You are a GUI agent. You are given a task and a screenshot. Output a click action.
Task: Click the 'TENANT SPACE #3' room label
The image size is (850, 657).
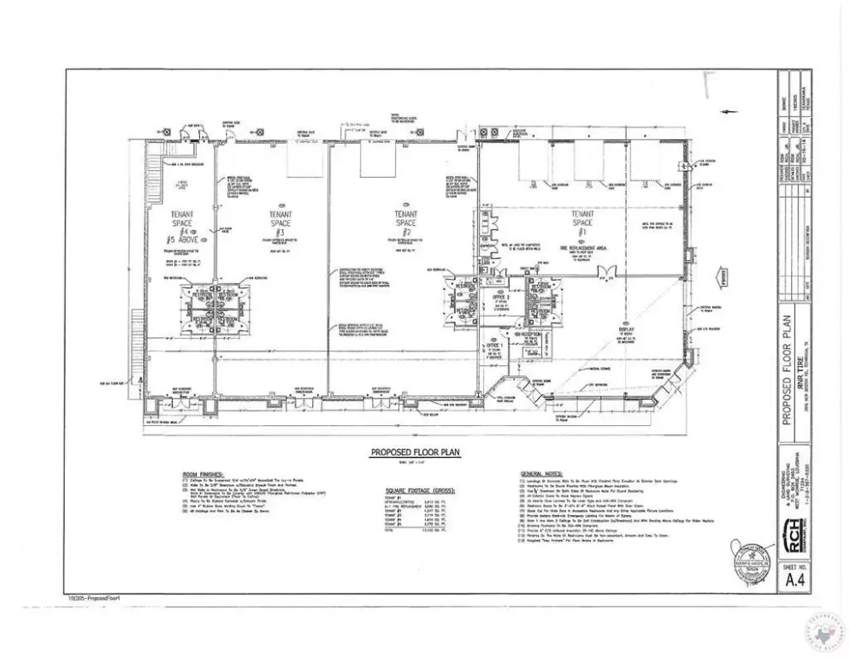[x=280, y=222]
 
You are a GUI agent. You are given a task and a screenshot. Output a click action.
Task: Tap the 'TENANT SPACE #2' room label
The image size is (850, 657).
[x=405, y=222]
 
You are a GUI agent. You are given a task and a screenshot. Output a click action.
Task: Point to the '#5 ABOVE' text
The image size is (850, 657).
[x=181, y=240]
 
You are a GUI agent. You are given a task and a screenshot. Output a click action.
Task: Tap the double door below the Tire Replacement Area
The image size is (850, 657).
[x=609, y=272]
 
